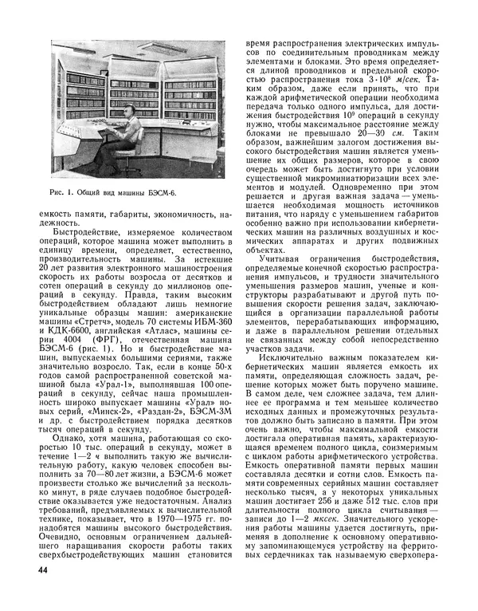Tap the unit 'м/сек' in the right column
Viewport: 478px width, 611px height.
click(x=409, y=81)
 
